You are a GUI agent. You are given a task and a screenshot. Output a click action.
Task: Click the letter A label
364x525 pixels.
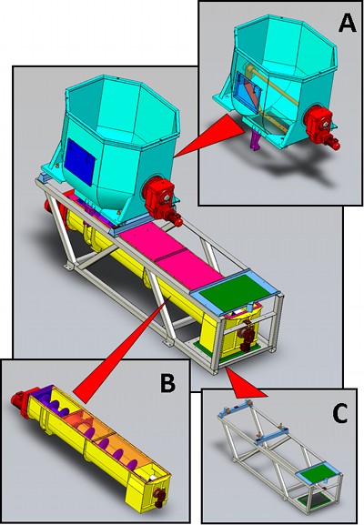click(x=347, y=23)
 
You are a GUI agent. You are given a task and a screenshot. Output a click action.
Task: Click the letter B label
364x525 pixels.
click(x=167, y=382)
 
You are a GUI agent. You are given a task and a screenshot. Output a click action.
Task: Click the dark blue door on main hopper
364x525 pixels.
click(x=80, y=162)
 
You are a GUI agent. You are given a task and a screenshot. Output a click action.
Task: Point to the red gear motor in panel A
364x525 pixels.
click(x=321, y=128)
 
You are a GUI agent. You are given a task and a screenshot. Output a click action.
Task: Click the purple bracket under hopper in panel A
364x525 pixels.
click(x=256, y=141)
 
